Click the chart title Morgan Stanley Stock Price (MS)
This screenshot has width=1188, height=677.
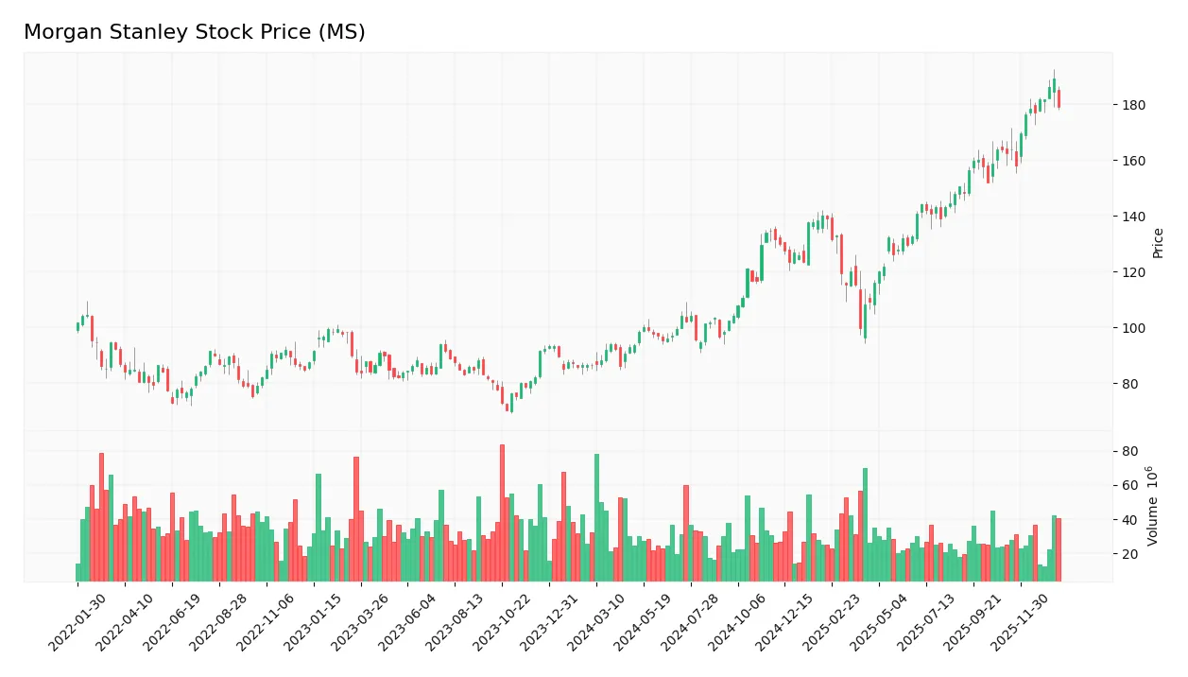[194, 32]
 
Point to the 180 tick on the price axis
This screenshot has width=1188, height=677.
[1134, 105]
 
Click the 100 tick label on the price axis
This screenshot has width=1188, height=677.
[1134, 328]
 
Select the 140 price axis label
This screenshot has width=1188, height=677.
[1134, 217]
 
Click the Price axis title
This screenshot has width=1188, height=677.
[1158, 243]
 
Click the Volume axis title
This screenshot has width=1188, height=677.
[1153, 505]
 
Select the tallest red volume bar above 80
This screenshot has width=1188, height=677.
[502, 512]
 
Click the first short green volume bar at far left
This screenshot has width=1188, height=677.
[77, 572]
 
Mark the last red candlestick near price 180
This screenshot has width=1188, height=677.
[1059, 98]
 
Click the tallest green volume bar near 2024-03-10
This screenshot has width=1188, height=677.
[596, 517]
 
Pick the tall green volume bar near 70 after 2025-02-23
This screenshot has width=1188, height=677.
[865, 525]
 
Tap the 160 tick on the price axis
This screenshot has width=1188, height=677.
[1134, 161]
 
